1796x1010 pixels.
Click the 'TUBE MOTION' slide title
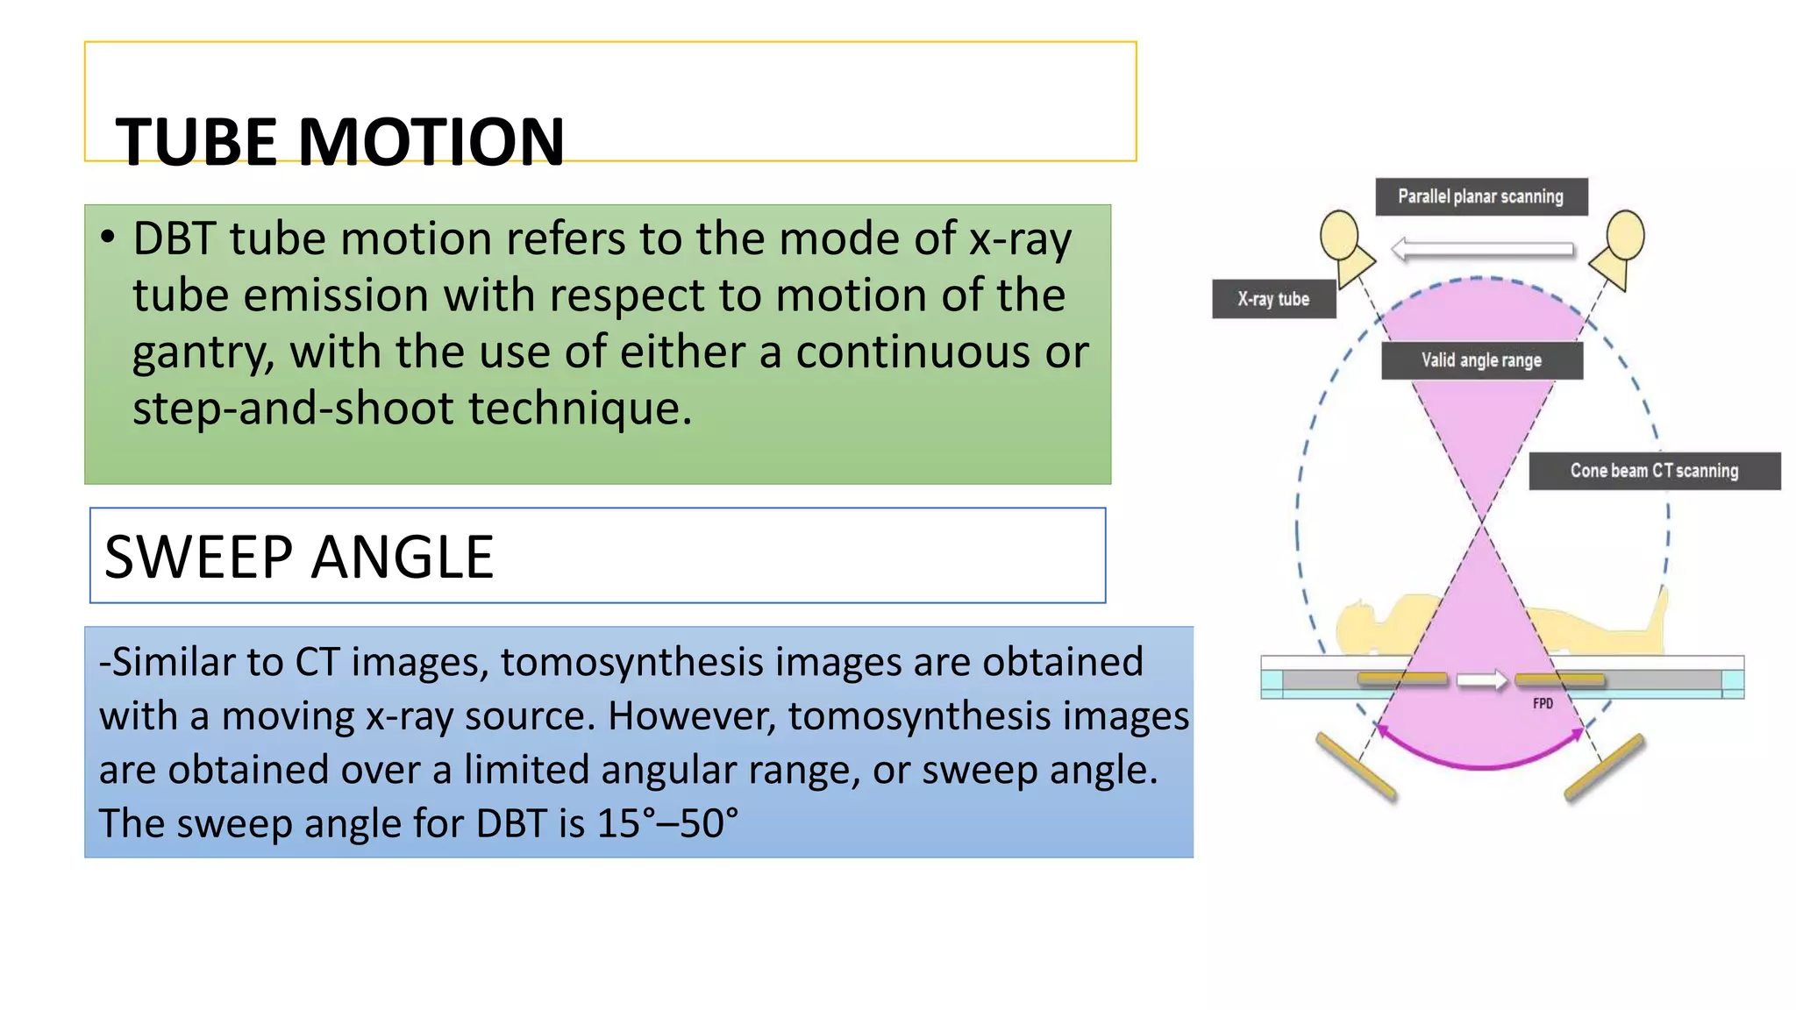tap(340, 142)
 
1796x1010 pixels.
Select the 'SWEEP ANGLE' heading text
tap(299, 558)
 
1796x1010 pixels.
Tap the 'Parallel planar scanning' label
tap(1480, 196)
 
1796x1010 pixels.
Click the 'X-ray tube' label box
tap(1273, 299)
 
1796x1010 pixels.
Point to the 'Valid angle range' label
tap(1481, 360)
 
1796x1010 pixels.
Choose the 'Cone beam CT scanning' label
tap(1654, 471)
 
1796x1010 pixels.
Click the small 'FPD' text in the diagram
tap(1543, 703)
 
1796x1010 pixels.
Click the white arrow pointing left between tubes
tap(1482, 249)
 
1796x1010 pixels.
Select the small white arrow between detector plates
tap(1482, 680)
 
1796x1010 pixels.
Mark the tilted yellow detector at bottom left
tap(1356, 766)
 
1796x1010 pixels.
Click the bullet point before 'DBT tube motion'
tap(108, 237)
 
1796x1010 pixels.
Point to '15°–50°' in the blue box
tap(667, 824)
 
